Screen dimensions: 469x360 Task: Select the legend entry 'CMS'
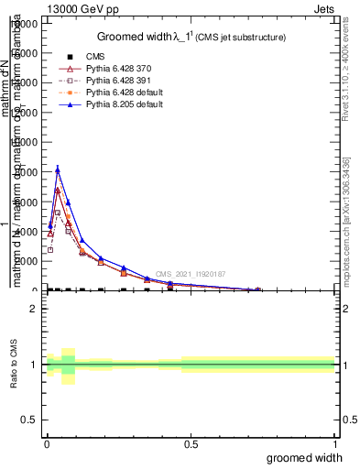(94, 57)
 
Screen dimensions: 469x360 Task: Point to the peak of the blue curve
(58, 169)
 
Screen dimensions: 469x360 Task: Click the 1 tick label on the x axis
(334, 444)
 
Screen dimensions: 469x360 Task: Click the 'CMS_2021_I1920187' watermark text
(190, 274)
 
